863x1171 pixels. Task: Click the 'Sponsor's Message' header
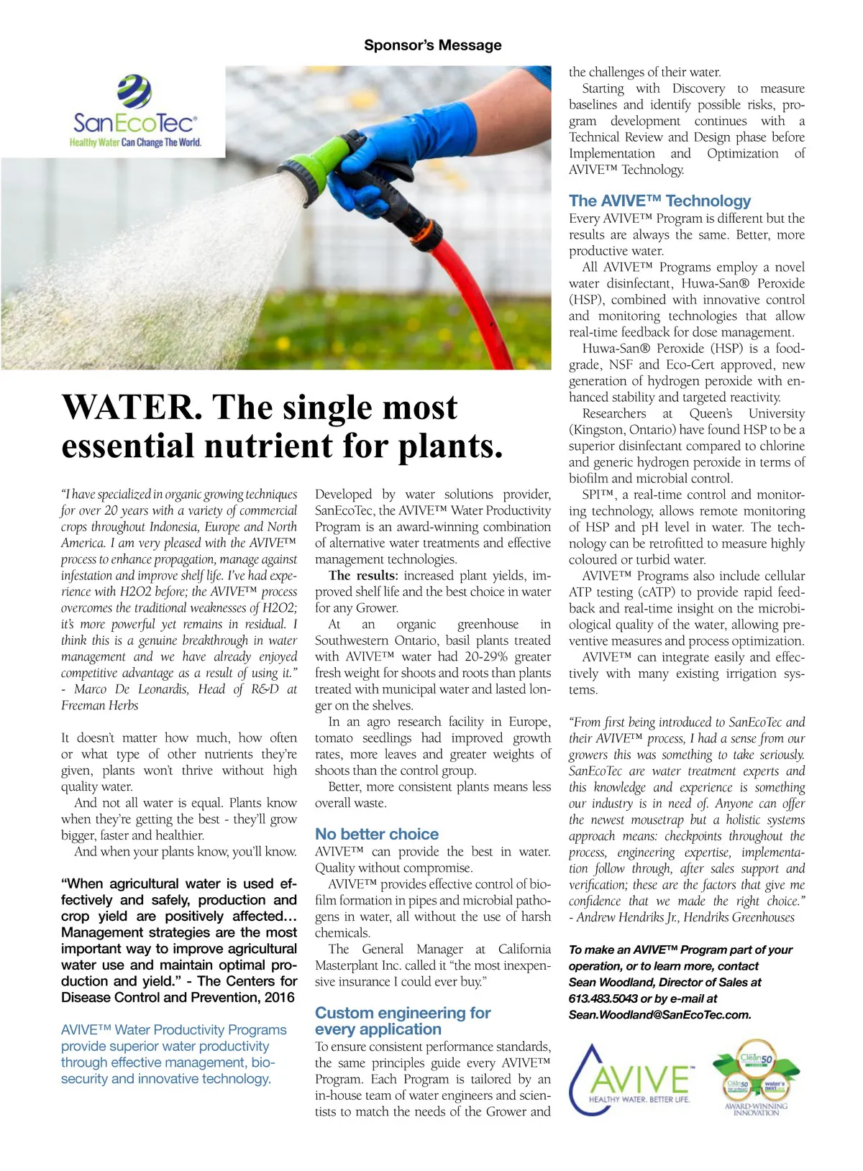[432, 45]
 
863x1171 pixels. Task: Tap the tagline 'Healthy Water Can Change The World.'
[135, 142]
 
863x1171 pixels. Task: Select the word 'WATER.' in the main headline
[128, 408]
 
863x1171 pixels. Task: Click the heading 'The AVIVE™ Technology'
[659, 201]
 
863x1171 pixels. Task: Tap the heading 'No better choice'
[377, 834]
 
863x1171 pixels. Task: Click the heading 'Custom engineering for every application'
[403, 1021]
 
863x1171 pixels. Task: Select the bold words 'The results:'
[363, 576]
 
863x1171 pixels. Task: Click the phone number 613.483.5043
[596, 998]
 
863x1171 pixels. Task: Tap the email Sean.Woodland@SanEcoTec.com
[659, 1015]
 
